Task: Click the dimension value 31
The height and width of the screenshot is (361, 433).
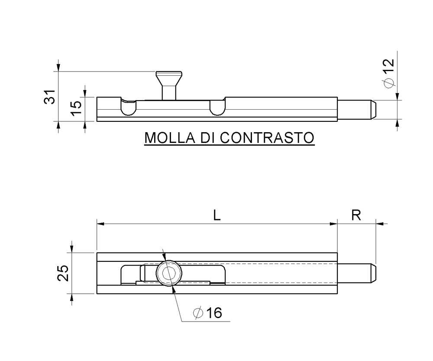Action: pyautogui.click(x=51, y=97)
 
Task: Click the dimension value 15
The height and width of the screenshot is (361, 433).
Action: pyautogui.click(x=76, y=107)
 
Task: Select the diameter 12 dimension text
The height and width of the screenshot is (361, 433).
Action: pyautogui.click(x=388, y=72)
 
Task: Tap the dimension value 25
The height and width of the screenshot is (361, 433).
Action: pyautogui.click(x=63, y=273)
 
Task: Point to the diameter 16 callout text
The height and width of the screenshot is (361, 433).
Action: pyautogui.click(x=208, y=312)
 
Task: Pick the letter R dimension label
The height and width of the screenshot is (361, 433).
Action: pyautogui.click(x=356, y=216)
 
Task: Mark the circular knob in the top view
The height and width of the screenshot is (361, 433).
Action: pyautogui.click(x=169, y=273)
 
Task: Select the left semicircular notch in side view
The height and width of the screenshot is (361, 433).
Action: pyautogui.click(x=128, y=107)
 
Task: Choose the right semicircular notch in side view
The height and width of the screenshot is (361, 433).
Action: pyautogui.click(x=217, y=107)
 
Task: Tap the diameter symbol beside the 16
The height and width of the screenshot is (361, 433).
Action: pyautogui.click(x=198, y=312)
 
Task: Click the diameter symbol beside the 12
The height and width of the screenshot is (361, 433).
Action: pyautogui.click(x=388, y=83)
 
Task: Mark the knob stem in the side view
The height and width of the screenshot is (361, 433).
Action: pyautogui.click(x=169, y=92)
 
